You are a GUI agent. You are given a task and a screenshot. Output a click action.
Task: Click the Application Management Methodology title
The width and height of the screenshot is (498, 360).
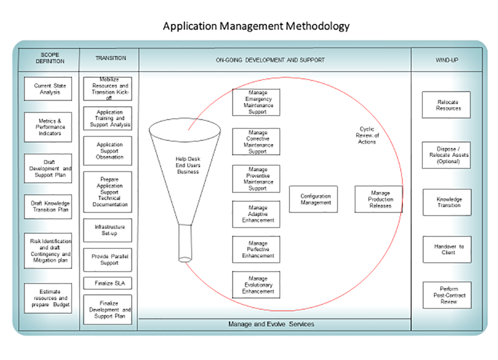(x=256, y=26)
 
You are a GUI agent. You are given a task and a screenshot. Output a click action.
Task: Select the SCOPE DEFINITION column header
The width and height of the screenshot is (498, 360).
(x=49, y=58)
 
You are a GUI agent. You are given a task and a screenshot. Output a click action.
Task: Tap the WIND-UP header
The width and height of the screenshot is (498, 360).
(x=447, y=60)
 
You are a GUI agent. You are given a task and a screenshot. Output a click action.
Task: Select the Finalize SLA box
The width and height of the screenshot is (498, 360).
(x=108, y=283)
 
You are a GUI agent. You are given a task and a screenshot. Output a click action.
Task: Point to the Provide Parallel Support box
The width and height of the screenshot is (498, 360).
(x=108, y=259)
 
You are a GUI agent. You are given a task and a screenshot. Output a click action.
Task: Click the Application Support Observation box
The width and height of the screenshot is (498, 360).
(x=108, y=151)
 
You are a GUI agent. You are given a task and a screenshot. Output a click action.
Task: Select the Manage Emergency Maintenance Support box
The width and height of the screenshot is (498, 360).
(x=256, y=102)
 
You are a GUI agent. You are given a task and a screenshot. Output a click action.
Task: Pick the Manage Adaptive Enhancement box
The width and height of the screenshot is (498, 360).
(x=256, y=214)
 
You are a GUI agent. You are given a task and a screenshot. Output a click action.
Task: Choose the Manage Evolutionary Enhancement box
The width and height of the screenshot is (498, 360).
(x=256, y=285)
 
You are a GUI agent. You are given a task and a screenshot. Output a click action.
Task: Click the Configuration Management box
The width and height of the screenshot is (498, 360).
(x=313, y=199)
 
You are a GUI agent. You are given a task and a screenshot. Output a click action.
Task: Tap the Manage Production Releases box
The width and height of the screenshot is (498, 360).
(x=378, y=199)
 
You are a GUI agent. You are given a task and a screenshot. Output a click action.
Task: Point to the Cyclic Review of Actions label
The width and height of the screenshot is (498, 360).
(x=368, y=135)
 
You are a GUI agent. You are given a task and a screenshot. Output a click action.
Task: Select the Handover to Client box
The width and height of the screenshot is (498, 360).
(x=447, y=249)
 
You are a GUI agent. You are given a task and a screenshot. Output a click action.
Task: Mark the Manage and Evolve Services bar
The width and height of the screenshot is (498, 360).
(x=271, y=324)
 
